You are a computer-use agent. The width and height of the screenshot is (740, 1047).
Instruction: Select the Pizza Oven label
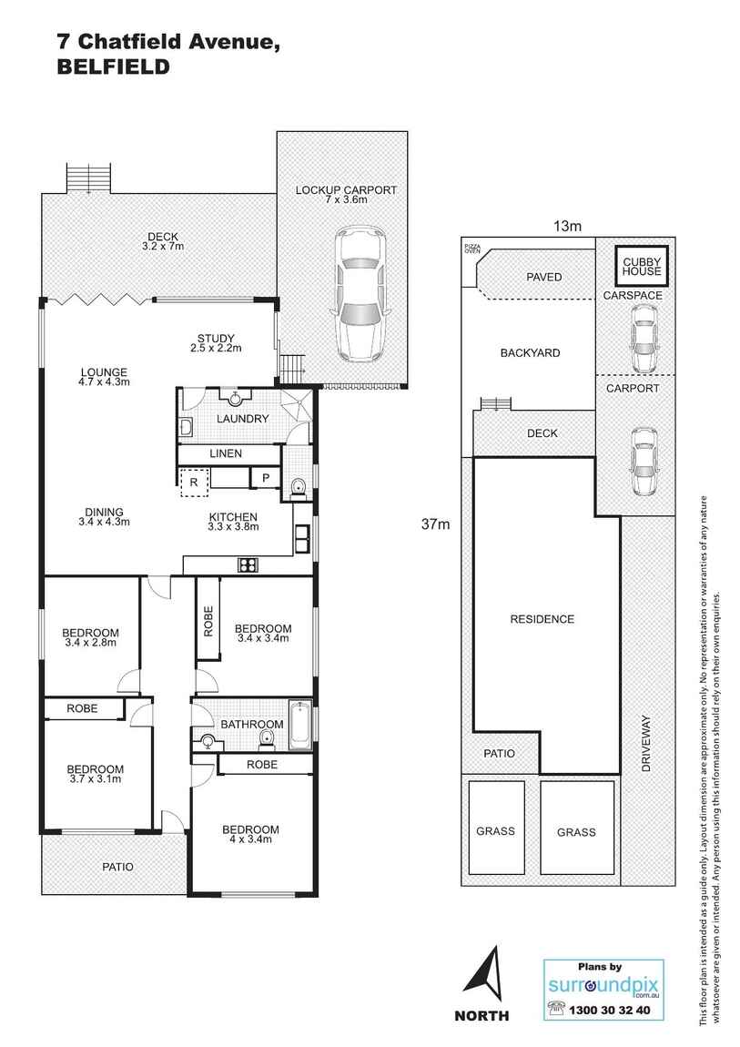[x=471, y=248]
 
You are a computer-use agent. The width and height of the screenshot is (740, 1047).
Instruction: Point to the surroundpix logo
[x=603, y=986]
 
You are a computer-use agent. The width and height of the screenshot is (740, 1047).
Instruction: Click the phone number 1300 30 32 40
[x=609, y=1010]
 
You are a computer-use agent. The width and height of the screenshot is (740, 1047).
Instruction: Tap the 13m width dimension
[x=567, y=226]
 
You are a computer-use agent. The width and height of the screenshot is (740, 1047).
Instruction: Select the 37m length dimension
[x=435, y=524]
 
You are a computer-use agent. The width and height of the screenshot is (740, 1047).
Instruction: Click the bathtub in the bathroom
[x=299, y=725]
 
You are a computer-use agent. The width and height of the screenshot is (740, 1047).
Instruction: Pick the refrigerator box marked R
[x=194, y=482]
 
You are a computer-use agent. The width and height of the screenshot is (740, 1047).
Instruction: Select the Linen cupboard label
[x=226, y=452]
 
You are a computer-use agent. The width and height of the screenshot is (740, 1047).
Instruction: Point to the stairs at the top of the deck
[x=88, y=178]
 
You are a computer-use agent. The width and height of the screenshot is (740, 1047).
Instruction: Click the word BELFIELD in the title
[x=113, y=67]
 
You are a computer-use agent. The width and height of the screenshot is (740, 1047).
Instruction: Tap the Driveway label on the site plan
[x=645, y=743]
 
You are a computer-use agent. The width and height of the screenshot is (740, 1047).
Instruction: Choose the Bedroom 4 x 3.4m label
[x=250, y=834]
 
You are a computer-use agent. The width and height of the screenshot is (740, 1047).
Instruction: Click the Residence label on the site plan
[x=542, y=619]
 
